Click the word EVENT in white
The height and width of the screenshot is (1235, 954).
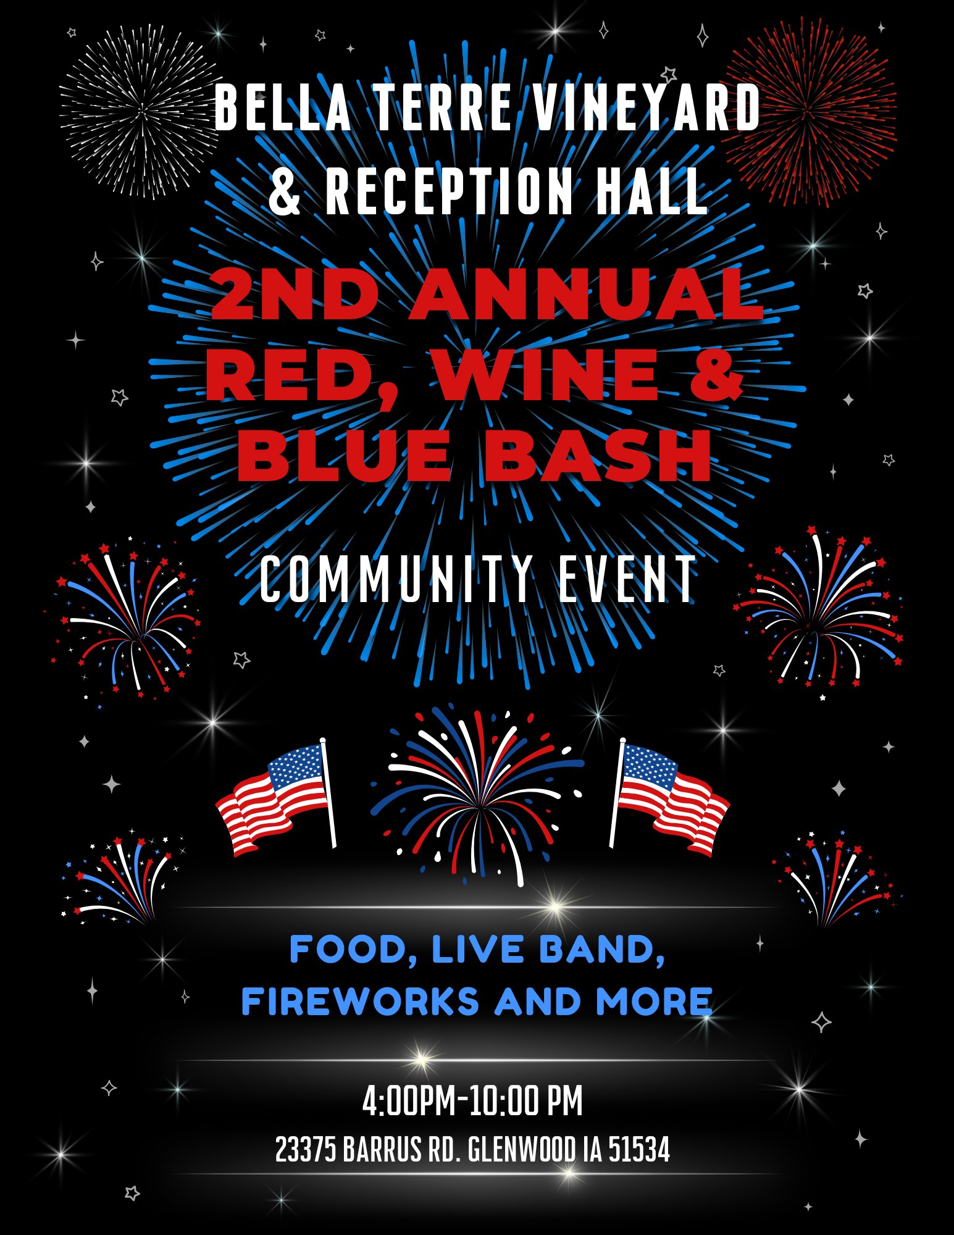tap(627, 579)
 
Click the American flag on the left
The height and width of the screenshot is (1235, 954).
tap(277, 796)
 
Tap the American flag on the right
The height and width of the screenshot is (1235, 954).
tap(669, 796)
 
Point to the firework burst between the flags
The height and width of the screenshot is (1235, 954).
tap(477, 797)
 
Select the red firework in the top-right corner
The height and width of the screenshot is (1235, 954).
tap(808, 113)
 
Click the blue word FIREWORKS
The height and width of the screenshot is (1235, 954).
tap(360, 1002)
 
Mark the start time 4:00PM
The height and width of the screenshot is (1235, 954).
tap(408, 1100)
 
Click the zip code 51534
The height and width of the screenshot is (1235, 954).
tap(639, 1150)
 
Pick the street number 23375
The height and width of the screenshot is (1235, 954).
tap(306, 1150)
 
